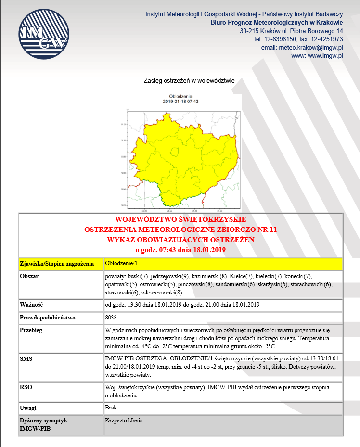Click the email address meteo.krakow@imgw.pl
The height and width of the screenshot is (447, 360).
302,48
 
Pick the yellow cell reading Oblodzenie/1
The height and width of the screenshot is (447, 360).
121,263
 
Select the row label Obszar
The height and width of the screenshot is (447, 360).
29,277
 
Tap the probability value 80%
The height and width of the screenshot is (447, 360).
111,318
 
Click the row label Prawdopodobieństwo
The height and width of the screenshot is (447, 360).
48,318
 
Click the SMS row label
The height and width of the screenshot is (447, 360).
26,359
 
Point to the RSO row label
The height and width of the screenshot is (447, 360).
26,386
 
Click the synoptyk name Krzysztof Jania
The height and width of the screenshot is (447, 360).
124,420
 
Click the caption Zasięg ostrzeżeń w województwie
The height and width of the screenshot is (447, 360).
189,81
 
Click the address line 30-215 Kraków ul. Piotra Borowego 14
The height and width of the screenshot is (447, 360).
291,31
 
